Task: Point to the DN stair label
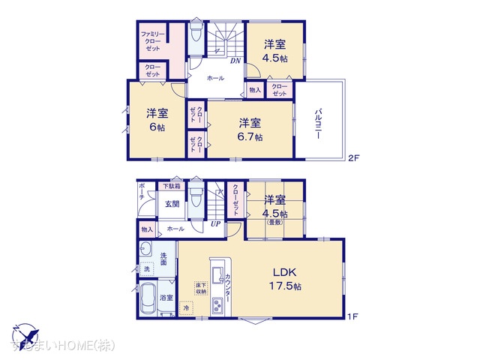click(x=235, y=61)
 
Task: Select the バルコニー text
click(x=319, y=120)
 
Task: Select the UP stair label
click(x=215, y=223)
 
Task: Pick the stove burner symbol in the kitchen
click(x=218, y=305)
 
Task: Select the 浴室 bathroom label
click(x=166, y=298)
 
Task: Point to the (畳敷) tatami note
click(x=275, y=221)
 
